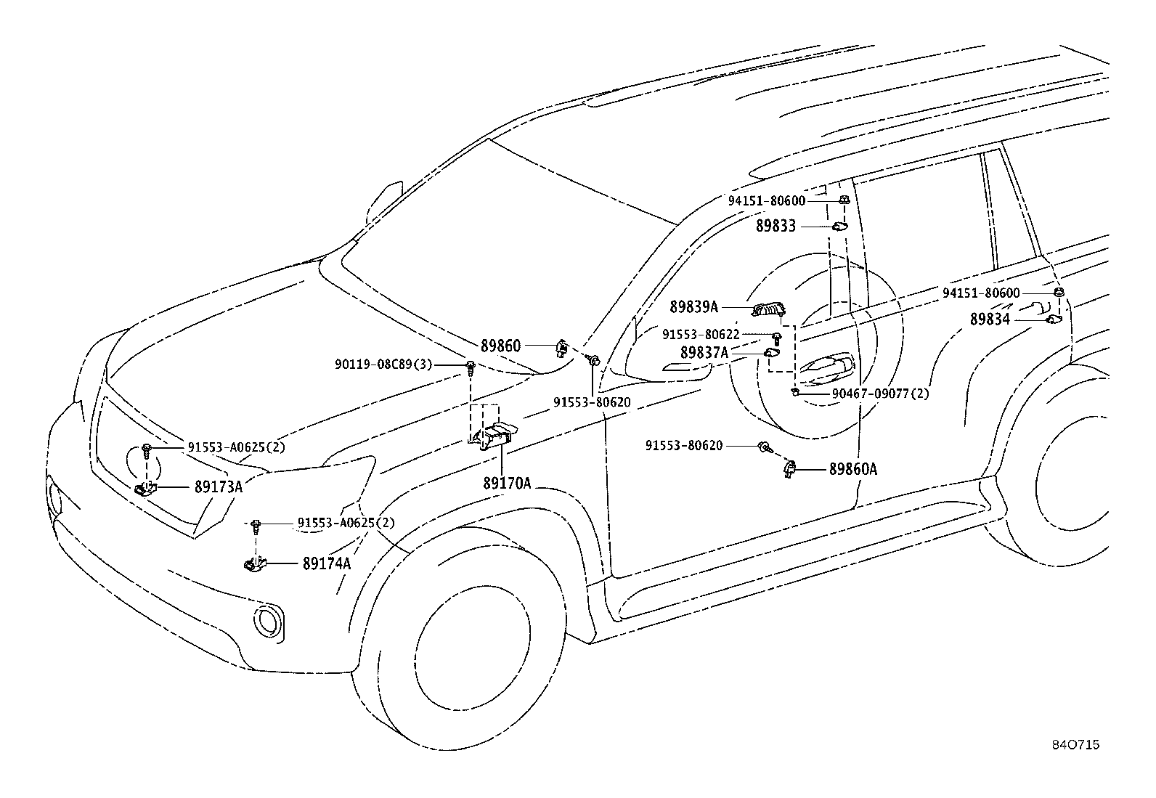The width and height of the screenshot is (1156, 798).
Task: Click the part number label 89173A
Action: [219, 486]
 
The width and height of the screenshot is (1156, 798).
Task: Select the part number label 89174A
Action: [327, 563]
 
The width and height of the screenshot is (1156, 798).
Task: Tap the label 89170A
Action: [507, 483]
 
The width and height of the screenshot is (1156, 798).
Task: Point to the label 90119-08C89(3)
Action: [383, 365]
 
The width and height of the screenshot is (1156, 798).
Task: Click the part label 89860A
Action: [853, 469]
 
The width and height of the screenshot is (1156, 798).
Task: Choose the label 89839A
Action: [693, 307]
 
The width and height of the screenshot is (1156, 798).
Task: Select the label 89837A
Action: [704, 353]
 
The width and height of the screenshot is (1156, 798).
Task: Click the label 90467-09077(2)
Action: [880, 394]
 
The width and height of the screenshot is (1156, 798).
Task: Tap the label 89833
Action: [776, 226]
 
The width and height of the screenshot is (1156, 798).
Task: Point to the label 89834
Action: [990, 319]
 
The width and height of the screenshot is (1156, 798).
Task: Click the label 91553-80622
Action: [701, 335]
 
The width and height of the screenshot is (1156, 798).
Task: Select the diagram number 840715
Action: [1076, 745]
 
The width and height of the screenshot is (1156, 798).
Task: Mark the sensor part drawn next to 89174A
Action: [255, 563]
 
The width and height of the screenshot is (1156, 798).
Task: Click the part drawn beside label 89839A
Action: [768, 310]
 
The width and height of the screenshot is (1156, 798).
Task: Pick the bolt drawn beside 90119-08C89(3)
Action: [471, 369]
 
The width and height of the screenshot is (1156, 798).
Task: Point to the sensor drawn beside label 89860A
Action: [789, 469]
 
